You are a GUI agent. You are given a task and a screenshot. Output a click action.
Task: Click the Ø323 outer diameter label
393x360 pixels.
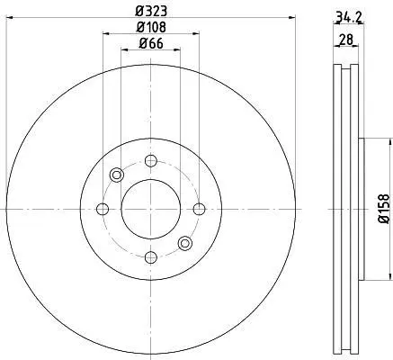pyautogui.click(x=151, y=12)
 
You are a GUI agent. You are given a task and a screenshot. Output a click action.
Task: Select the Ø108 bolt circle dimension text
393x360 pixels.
pyautogui.click(x=151, y=27)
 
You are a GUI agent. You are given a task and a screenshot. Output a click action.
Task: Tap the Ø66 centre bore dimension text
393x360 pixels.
pyautogui.click(x=151, y=44)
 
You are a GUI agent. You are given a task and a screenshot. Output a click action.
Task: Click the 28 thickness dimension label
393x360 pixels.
pyautogui.click(x=346, y=40)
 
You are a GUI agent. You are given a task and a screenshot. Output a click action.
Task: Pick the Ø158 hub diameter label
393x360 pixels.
pyautogui.click(x=384, y=209)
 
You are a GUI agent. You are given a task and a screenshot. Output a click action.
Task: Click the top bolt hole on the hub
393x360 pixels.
pyautogui.click(x=151, y=160)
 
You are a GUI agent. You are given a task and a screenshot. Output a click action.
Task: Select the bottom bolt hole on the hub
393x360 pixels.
pyautogui.click(x=151, y=257)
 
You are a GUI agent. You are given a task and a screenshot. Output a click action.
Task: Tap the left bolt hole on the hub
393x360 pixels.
pyautogui.click(x=103, y=209)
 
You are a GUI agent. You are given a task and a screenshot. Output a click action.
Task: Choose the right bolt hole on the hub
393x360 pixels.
pyautogui.click(x=199, y=209)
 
